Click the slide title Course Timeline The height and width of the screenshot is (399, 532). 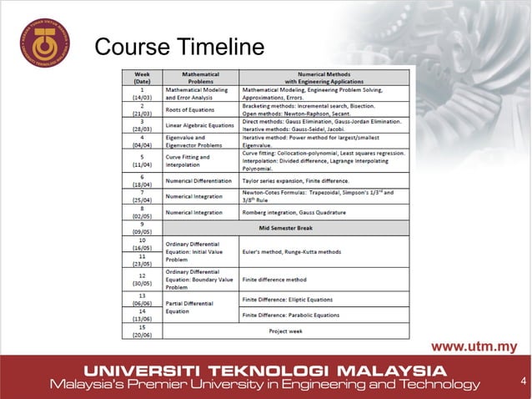(179, 48)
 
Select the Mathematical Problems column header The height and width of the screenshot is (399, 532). (201, 77)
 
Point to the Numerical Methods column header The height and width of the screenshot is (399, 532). (325, 77)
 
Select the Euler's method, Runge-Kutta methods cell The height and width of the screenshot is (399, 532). (292, 251)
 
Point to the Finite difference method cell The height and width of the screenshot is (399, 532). (274, 280)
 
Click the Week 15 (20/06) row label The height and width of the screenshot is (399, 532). (142, 330)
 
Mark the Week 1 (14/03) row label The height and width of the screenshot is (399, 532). (142, 92)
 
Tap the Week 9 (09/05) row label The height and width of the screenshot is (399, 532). (142, 226)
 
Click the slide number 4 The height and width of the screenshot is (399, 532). (522, 383)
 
